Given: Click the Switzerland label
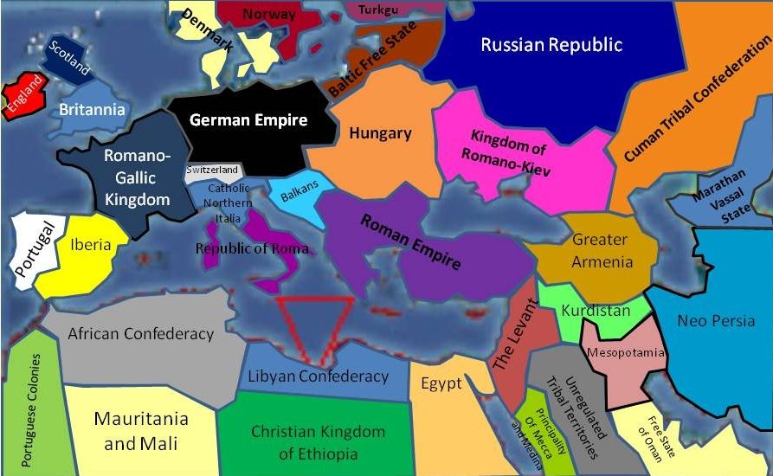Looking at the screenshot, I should tap(212, 170).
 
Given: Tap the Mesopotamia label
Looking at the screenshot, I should tap(614, 352).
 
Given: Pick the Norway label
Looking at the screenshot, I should tap(268, 14).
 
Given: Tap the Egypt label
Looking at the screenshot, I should tap(441, 384).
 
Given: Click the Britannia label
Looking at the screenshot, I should tap(92, 110).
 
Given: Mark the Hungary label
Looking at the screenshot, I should tap(380, 133).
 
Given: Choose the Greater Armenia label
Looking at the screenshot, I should tap(602, 250).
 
